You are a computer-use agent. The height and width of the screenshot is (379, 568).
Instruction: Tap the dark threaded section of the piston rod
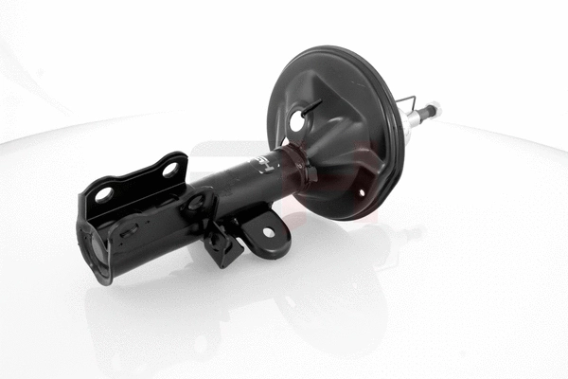click(x=427, y=111)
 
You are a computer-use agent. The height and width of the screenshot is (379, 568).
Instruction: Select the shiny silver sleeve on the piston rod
click(x=415, y=117)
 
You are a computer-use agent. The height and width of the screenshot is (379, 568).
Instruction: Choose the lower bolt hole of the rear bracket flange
click(x=104, y=194)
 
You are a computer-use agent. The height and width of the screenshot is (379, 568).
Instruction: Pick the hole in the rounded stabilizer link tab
click(x=268, y=232)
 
